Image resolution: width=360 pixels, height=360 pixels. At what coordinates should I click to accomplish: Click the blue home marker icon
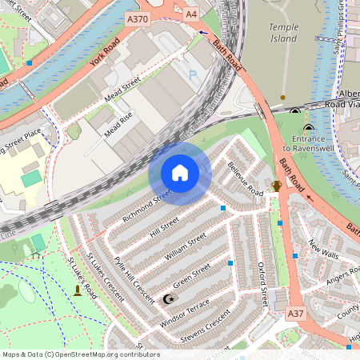(180, 173)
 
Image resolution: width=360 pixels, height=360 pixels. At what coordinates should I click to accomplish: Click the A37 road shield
(295, 314)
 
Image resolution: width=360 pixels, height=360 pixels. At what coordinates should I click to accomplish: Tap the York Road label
(104, 50)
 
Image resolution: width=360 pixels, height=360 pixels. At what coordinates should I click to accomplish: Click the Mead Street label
(122, 90)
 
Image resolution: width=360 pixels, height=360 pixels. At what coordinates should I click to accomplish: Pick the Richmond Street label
(147, 205)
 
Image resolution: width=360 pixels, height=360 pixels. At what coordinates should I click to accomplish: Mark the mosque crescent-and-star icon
(168, 299)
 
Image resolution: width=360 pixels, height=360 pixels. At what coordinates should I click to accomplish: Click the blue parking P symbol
(193, 74)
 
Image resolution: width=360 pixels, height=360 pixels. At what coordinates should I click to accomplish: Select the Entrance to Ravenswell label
(308, 142)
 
